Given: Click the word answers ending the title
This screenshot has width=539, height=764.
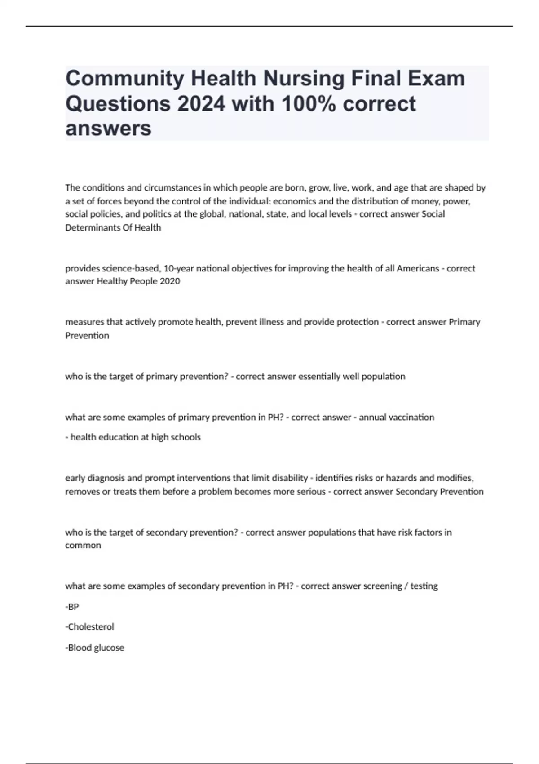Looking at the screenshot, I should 108,129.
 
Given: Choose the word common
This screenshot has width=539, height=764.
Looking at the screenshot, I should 83,545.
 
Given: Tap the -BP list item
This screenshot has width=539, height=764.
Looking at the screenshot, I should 72,607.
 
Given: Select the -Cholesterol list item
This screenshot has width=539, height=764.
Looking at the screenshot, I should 90,626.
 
